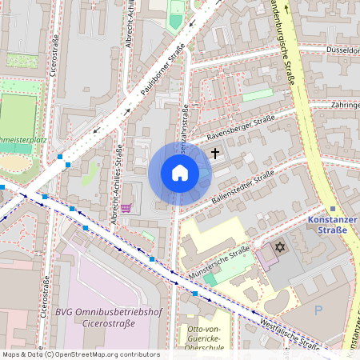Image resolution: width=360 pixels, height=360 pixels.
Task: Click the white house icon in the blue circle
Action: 179,173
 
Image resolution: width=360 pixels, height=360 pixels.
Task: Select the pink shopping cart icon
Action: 126,208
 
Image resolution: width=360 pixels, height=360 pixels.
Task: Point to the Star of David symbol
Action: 279,246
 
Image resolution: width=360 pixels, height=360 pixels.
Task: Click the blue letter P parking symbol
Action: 319,310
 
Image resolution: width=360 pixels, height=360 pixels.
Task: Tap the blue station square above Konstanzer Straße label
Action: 333,209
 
